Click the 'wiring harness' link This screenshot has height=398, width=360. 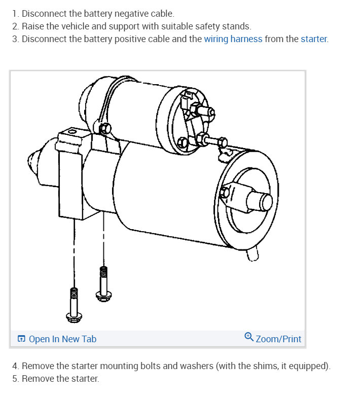(x=233, y=39)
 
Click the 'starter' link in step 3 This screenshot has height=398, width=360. (x=314, y=39)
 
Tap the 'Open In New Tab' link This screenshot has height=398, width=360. (x=62, y=339)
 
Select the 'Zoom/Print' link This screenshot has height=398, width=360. (x=278, y=339)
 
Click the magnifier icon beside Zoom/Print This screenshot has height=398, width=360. (x=248, y=337)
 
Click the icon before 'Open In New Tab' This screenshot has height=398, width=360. (x=21, y=339)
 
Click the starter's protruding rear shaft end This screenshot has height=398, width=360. (x=266, y=202)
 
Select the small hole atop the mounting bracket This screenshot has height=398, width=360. (x=71, y=131)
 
